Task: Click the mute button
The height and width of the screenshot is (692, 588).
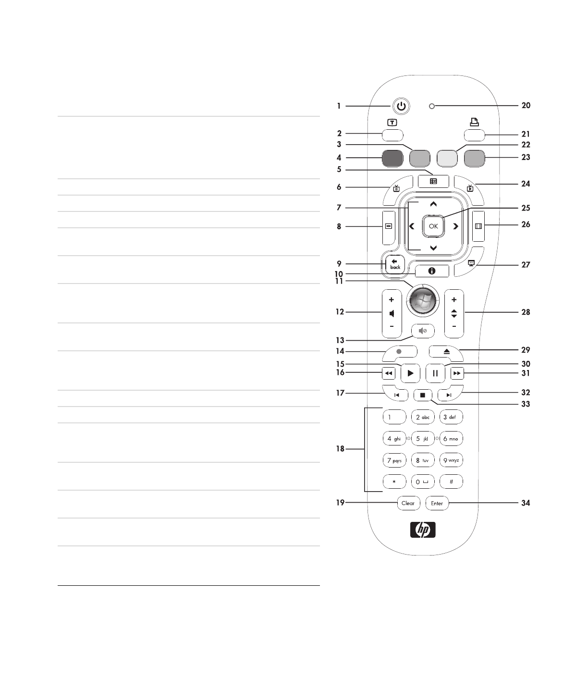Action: coord(423,331)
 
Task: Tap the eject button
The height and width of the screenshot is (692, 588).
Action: coord(447,352)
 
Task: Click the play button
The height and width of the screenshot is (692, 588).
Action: coord(410,373)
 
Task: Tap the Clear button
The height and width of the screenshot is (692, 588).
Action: coord(408,503)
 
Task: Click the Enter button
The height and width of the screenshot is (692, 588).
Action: coord(437,503)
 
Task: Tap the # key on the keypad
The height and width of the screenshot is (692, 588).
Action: coord(451,482)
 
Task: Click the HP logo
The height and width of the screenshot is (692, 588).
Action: coord(423,530)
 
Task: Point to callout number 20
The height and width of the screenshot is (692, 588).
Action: coord(526,105)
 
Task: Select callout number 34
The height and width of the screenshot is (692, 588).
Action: coord(526,503)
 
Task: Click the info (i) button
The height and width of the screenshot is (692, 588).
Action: coord(431,272)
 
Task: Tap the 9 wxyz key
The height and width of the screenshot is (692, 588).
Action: coord(451,460)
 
